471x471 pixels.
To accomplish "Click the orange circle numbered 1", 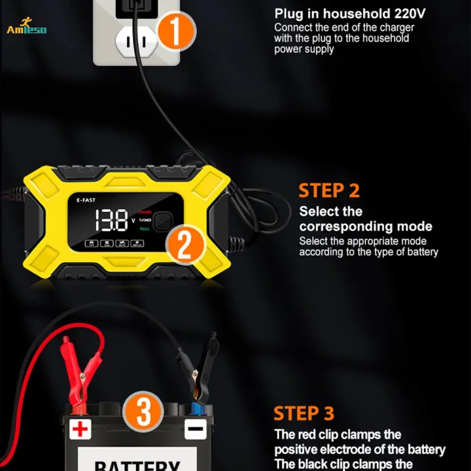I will pos(175,31).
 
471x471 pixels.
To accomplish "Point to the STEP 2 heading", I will pos(329,190).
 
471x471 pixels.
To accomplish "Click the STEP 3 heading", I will pos(304,413).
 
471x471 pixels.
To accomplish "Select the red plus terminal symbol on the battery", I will pos(80,430).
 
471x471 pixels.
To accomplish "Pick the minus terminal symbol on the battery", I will pos(194,430).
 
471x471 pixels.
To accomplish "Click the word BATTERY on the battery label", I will pos(137,464).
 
